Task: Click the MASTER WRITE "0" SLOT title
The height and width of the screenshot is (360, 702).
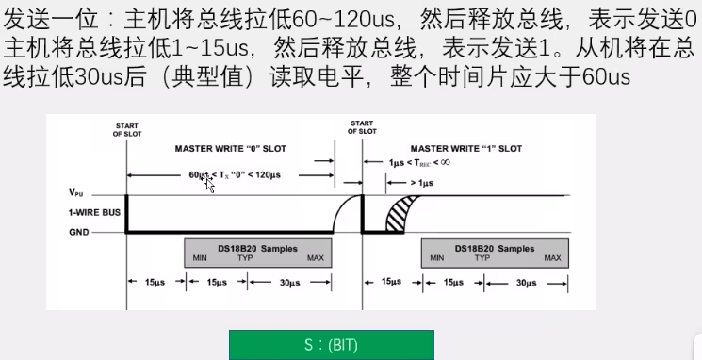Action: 231,149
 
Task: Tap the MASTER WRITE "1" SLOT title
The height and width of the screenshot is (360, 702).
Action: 466,149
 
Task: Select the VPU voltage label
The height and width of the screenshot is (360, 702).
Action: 76,192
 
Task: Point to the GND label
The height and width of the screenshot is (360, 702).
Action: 79,232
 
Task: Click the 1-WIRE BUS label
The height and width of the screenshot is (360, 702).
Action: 94,212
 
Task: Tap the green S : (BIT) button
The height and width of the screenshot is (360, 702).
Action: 332,345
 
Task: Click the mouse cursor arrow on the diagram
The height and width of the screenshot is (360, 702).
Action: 208,184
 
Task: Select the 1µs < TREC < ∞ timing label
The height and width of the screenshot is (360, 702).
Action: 419,162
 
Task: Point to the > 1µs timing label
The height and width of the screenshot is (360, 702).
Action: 422,183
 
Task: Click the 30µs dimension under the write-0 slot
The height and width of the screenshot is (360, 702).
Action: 289,283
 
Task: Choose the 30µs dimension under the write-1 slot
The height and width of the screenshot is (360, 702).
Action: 526,283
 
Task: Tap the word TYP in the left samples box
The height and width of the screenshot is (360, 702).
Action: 245,258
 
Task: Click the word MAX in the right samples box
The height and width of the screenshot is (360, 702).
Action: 552,258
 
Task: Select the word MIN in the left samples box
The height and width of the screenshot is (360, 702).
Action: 200,258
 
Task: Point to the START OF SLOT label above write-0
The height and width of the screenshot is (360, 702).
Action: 127,130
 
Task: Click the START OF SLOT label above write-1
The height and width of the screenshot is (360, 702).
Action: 362,127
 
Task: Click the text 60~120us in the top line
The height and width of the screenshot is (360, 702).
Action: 343,19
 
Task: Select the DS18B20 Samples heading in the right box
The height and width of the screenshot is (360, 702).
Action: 495,249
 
